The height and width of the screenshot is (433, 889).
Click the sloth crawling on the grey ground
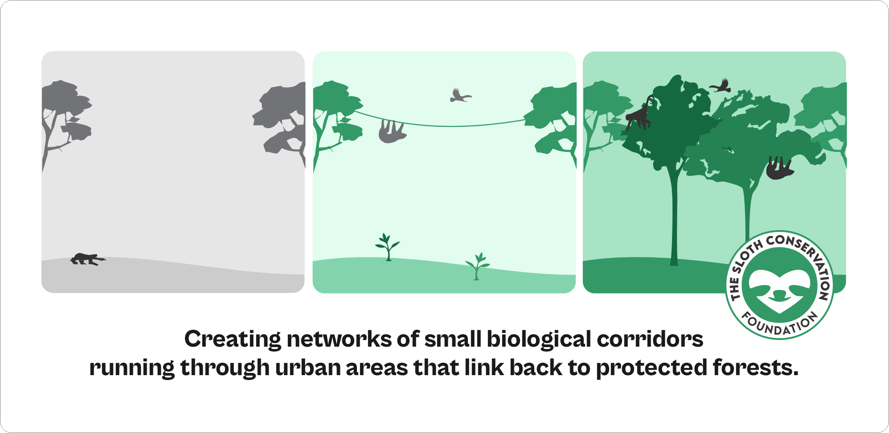pos(87,259)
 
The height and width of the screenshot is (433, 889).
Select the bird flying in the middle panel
pos(459,96)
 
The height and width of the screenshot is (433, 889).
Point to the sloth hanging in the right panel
pos(779,168)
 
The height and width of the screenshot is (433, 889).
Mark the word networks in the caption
pos(339,339)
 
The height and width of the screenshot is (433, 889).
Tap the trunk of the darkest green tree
pos(674,214)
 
